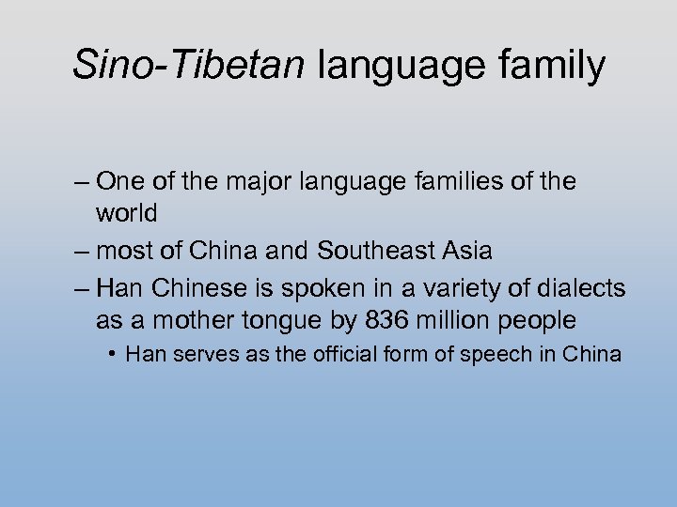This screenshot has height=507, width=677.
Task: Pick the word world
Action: click(x=126, y=213)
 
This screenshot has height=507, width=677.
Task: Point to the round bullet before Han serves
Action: click(x=112, y=355)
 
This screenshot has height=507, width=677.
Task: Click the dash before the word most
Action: click(x=82, y=252)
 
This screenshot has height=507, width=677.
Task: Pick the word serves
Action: click(x=186, y=355)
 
